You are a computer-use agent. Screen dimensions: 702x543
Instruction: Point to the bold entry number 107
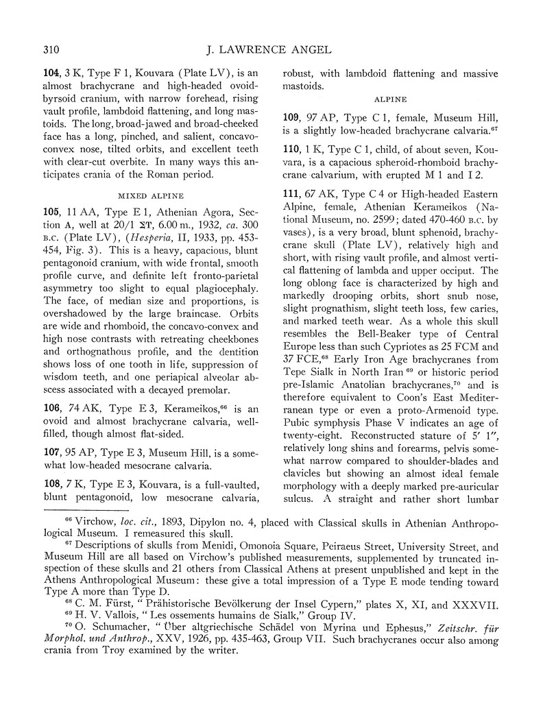point(53,453)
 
